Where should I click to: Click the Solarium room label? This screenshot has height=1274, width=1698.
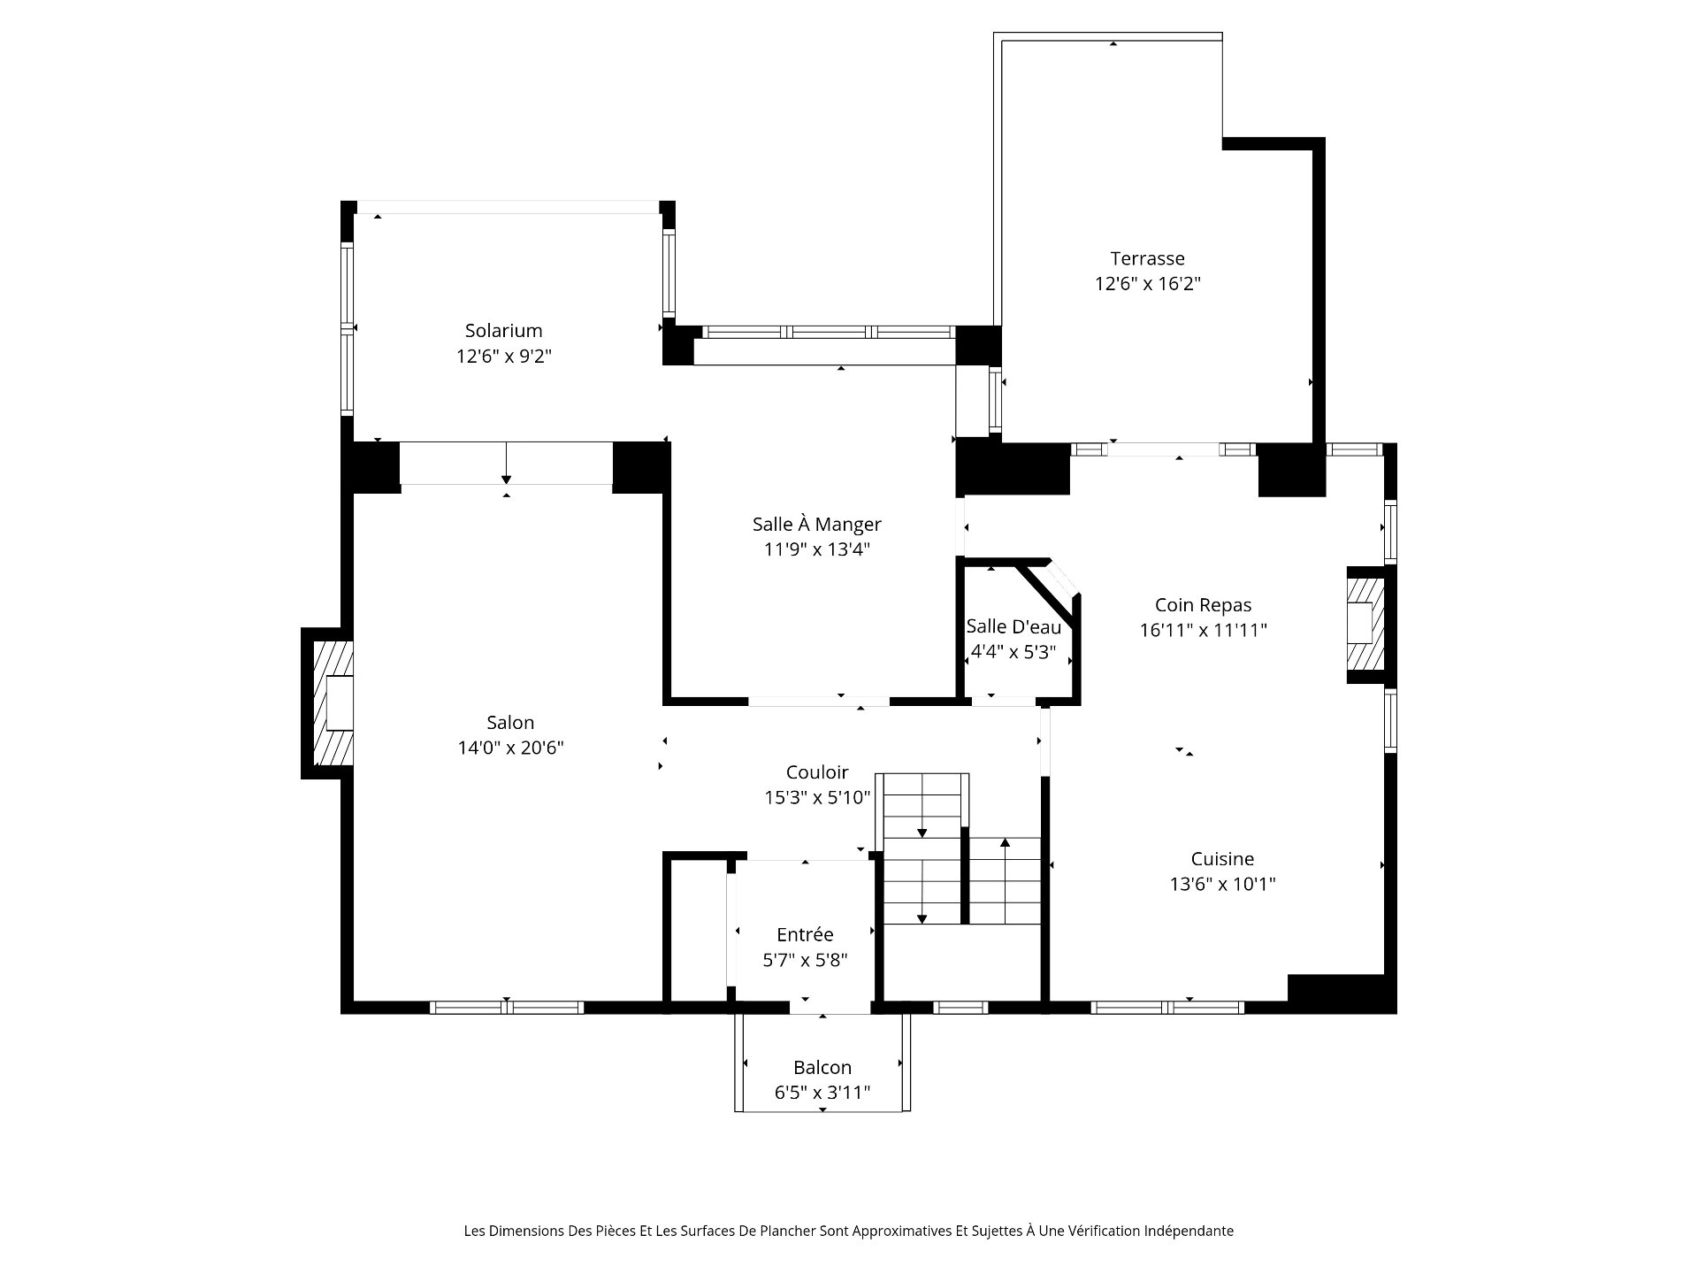tap(503, 331)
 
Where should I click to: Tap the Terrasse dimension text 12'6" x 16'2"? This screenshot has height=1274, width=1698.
tap(1148, 284)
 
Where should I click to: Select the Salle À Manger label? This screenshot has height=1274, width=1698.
tap(817, 524)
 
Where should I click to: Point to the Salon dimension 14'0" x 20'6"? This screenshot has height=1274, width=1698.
tap(510, 748)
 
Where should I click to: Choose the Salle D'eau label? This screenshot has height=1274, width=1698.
tap(1013, 627)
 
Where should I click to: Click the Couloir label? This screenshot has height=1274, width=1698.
tap(817, 772)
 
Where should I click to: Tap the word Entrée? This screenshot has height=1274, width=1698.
tap(805, 934)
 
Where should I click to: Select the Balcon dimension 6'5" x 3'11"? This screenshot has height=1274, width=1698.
tap(822, 1094)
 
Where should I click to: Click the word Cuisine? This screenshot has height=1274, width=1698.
tap(1222, 859)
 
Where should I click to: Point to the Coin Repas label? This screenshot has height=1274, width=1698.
tap(1203, 606)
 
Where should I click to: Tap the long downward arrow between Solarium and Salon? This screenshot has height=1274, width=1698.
tap(506, 462)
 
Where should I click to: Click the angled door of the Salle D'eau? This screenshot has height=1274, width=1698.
tap(1058, 580)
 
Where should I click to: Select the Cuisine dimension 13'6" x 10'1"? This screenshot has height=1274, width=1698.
tap(1222, 885)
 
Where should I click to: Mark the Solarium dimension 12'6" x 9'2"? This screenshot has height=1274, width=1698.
tap(504, 357)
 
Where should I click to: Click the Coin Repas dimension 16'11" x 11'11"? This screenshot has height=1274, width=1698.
tap(1204, 631)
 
